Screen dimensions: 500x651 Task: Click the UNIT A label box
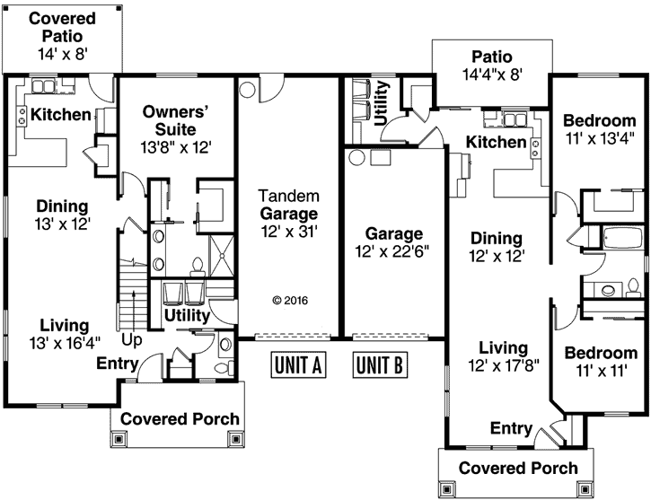[x=296, y=365]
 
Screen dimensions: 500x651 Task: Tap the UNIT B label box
[x=381, y=365]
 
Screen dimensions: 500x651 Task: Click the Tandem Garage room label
[x=288, y=214]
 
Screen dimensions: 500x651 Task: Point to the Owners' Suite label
[x=176, y=120]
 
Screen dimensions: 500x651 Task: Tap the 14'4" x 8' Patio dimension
[x=491, y=75]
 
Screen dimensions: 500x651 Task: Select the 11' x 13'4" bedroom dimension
[x=599, y=138]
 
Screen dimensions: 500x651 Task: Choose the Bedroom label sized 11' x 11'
[x=599, y=352]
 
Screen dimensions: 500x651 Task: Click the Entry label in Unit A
[x=117, y=364]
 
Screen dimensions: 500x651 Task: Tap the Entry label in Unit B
[x=511, y=428]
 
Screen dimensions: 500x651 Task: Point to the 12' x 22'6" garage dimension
[x=392, y=251]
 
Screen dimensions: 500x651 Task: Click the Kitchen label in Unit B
[x=496, y=142]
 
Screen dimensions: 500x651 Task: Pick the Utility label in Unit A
[x=187, y=317]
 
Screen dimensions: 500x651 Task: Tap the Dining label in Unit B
[x=496, y=238]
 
